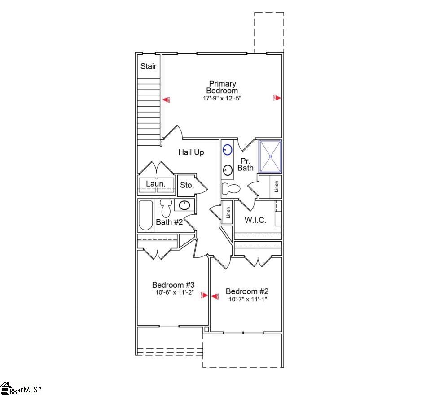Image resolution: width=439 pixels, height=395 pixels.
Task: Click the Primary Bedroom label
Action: pos(223,87)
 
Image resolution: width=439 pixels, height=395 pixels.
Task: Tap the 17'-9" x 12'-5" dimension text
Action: pos(223,98)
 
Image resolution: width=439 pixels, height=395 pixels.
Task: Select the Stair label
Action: pos(149,66)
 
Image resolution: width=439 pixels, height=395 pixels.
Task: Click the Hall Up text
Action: pos(191,152)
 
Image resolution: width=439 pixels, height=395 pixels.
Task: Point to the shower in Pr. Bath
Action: pos(271,156)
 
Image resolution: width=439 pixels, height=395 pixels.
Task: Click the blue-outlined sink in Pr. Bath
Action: pos(228,150)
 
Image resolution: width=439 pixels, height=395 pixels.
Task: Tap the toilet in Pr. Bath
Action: pos(231,189)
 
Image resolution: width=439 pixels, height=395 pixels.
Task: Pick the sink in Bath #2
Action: pos(184,206)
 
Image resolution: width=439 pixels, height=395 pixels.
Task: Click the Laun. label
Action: pos(156,184)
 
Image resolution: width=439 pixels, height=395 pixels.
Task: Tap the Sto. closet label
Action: pos(187,185)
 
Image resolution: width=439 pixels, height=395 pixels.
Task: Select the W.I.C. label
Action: pos(255,220)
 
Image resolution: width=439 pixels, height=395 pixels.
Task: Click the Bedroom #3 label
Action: pos(173,285)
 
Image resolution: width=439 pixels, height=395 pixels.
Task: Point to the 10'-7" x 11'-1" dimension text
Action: pos(248,300)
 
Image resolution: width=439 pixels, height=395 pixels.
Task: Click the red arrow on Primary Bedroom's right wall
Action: pos(278,98)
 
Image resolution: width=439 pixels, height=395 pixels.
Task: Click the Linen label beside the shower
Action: pos(277,186)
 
